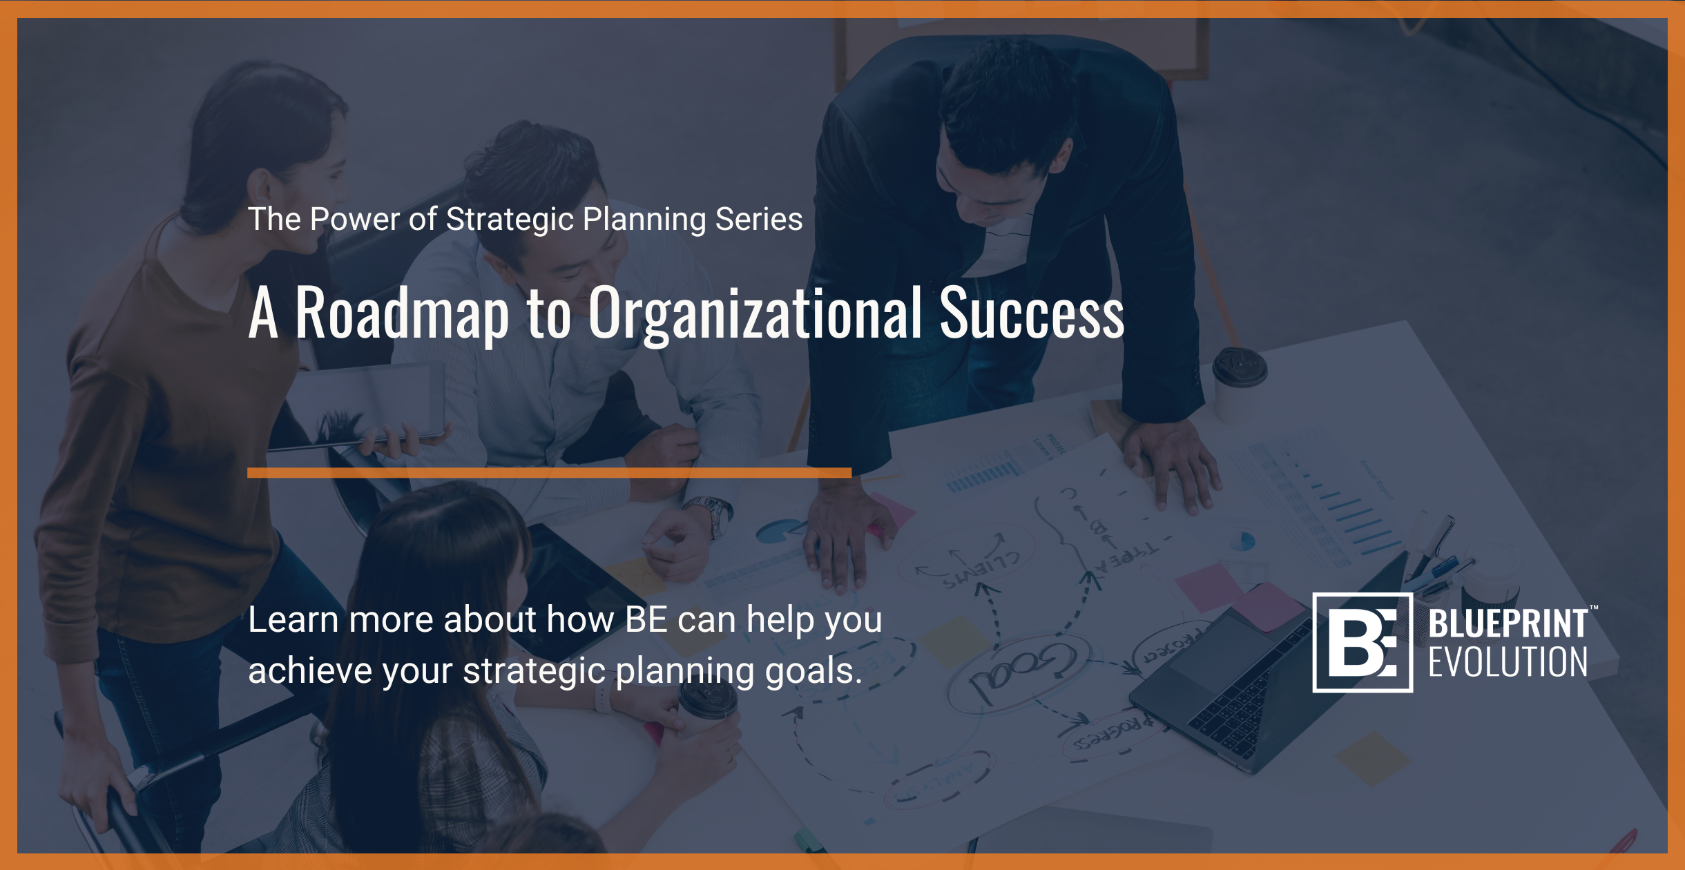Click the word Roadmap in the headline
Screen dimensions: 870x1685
pos(402,314)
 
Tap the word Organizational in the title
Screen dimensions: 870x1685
pos(755,314)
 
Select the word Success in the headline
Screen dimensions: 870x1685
pos(1032,314)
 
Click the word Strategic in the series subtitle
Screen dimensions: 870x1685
pos(510,220)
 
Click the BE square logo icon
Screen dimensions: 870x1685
pos(1362,642)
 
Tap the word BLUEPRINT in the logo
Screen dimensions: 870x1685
pos(1508,623)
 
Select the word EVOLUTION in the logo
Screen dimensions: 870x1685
pos(1508,663)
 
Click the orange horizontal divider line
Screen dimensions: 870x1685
pos(549,473)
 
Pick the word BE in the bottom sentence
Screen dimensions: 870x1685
pos(646,619)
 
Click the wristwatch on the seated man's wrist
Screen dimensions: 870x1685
pos(711,514)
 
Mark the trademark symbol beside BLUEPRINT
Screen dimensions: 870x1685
pos(1594,608)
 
